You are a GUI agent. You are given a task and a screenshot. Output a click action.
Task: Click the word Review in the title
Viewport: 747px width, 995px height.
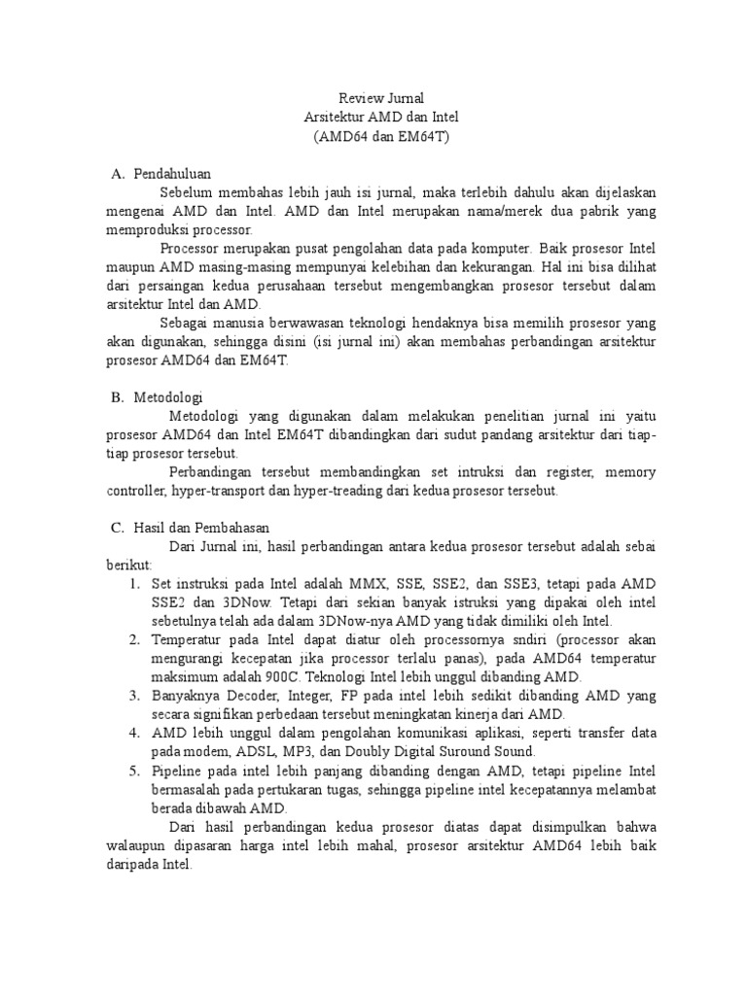click(357, 98)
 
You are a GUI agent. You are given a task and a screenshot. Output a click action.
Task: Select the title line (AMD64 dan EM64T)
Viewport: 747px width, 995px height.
click(381, 135)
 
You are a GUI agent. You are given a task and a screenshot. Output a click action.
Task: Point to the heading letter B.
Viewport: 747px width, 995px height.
click(115, 396)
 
